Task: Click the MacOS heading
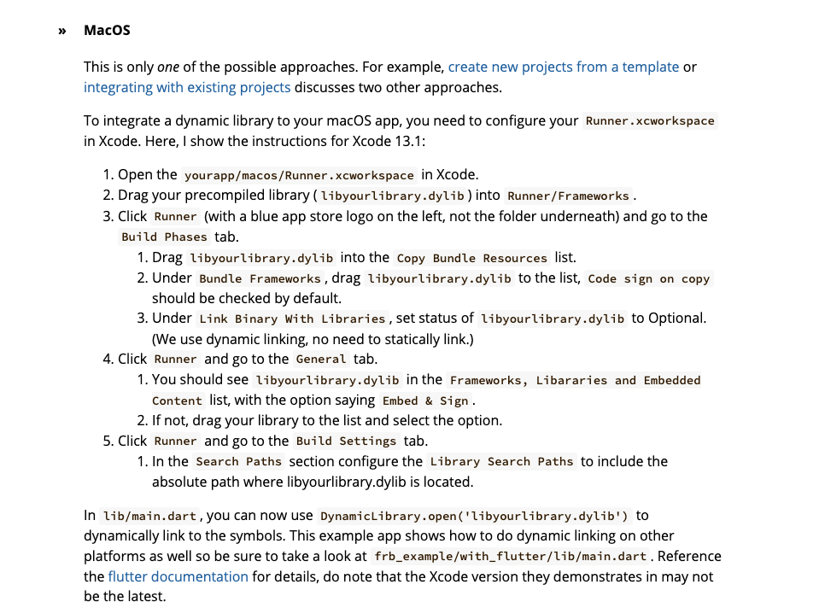[x=107, y=31]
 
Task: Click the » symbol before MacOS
[x=62, y=31]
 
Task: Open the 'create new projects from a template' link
[x=564, y=67]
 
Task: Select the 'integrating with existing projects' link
[x=187, y=87]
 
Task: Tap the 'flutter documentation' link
[x=178, y=576]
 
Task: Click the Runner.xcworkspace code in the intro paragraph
[x=650, y=120]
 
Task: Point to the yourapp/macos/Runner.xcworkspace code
[x=299, y=175]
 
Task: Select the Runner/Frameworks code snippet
[x=568, y=196]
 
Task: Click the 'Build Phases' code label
[x=164, y=237]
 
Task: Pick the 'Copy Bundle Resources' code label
[x=472, y=258]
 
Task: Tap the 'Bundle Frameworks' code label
[x=260, y=278]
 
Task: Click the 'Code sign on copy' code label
[x=649, y=278]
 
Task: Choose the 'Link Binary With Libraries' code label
[x=292, y=319]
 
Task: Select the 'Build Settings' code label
[x=346, y=441]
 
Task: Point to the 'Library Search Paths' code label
[x=501, y=462]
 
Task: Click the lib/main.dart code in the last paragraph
[x=149, y=516]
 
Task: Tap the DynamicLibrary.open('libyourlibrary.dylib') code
[x=474, y=516]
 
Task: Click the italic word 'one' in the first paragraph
[x=168, y=67]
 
